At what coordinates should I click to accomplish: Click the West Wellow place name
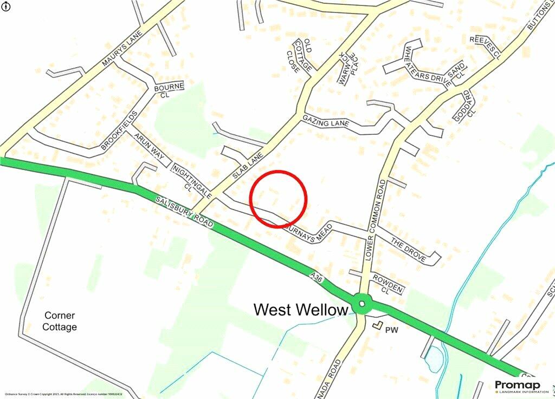pyautogui.click(x=301, y=310)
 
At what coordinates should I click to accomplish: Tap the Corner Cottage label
pyautogui.click(x=60, y=321)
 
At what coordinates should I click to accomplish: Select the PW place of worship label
pyautogui.click(x=391, y=329)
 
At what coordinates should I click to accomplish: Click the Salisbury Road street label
pyautogui.click(x=185, y=211)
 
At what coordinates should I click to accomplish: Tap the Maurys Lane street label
pyautogui.click(x=121, y=49)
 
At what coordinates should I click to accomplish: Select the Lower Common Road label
pyautogui.click(x=376, y=219)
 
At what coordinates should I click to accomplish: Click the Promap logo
pyautogui.click(x=518, y=386)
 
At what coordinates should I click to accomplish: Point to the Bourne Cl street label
pyautogui.click(x=169, y=90)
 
